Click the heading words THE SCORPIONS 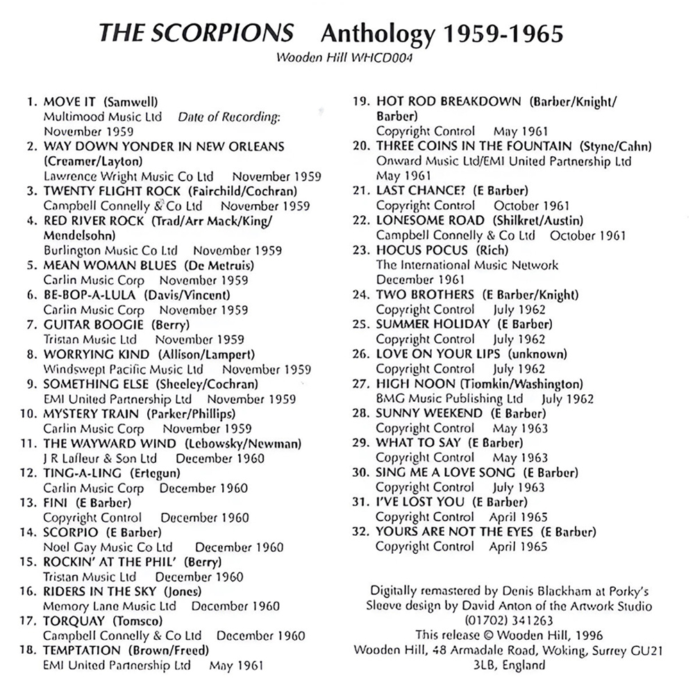(196, 33)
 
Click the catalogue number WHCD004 (381, 58)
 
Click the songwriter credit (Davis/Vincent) (187, 295)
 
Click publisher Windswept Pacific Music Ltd (124, 369)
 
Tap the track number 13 (28, 502)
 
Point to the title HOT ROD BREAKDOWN (448, 101)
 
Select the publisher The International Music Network (467, 264)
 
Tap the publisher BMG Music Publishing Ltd (449, 398)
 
